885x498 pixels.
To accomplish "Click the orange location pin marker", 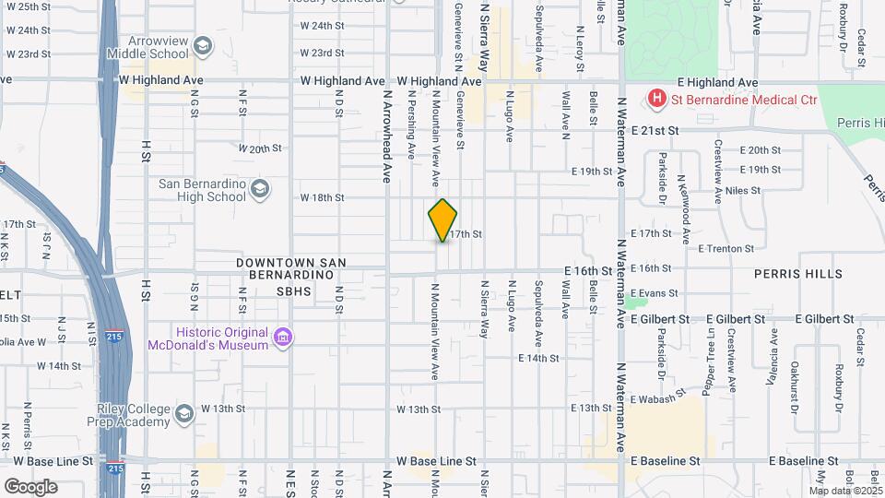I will [x=442, y=219].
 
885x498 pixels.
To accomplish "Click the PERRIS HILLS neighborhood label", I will [x=797, y=274].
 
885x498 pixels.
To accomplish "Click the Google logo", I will [x=30, y=486].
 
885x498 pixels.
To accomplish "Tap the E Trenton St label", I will [x=726, y=248].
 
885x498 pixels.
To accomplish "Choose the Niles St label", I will [x=743, y=191].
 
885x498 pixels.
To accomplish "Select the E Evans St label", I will [x=655, y=293].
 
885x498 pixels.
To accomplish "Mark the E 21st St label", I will [x=655, y=131].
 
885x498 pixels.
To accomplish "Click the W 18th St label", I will [x=322, y=197].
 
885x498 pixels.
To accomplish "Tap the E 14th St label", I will [x=539, y=358].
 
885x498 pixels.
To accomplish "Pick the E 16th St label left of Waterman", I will [x=588, y=270].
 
